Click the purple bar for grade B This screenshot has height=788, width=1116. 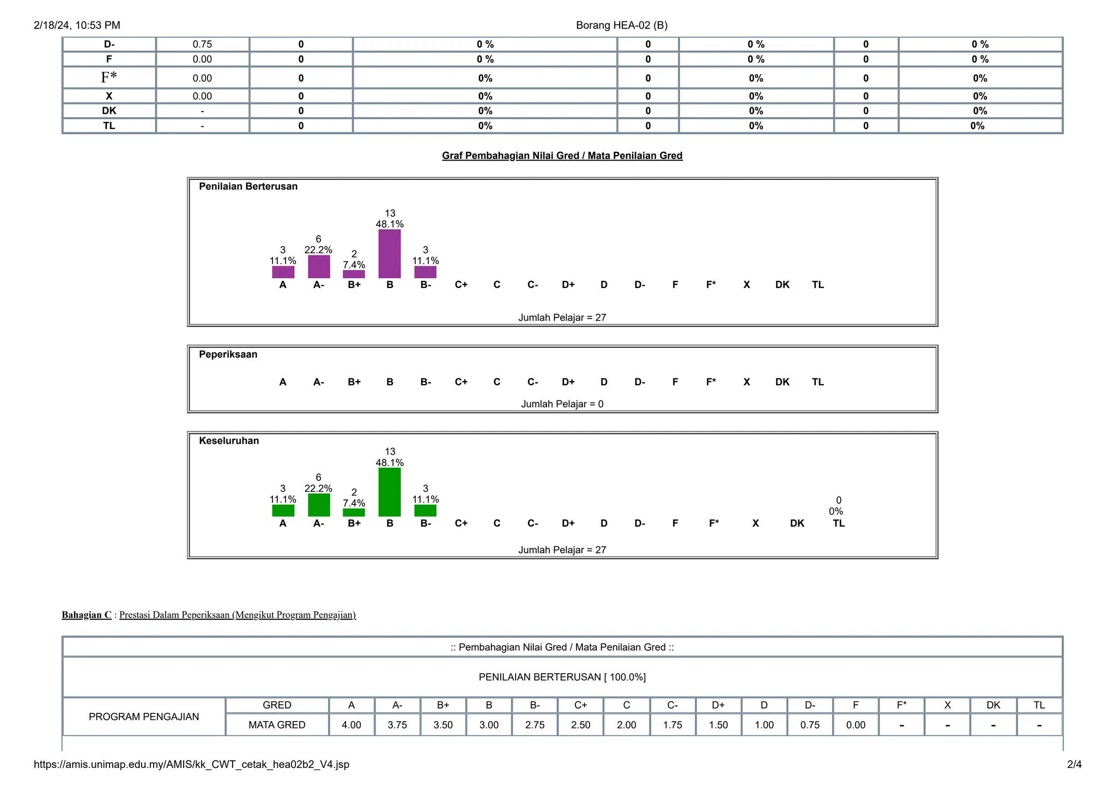click(x=390, y=254)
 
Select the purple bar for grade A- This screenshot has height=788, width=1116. click(x=319, y=267)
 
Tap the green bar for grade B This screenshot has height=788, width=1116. click(x=390, y=492)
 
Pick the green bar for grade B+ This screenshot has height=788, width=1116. click(x=354, y=512)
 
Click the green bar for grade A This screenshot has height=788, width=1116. click(x=283, y=511)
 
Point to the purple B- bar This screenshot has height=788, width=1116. click(x=425, y=272)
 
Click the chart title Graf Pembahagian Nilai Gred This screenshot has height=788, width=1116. click(x=562, y=156)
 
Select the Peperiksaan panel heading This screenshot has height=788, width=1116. click(x=228, y=355)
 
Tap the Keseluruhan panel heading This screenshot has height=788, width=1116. click(x=229, y=441)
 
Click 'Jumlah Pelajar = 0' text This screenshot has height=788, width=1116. click(x=562, y=404)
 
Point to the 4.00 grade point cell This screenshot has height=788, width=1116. click(x=351, y=725)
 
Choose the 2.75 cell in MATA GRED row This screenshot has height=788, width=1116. click(x=535, y=725)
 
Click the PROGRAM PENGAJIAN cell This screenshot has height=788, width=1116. click(x=144, y=717)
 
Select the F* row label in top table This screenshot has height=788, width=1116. click(x=109, y=78)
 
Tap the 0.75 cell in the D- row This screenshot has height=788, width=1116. click(x=202, y=45)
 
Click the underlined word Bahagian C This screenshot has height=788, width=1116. click(x=87, y=615)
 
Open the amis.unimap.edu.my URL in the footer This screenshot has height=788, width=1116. click(x=191, y=765)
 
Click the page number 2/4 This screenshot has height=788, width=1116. click(x=1074, y=765)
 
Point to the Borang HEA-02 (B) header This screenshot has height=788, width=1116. click(x=621, y=25)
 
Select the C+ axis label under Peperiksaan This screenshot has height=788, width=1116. click(x=461, y=382)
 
